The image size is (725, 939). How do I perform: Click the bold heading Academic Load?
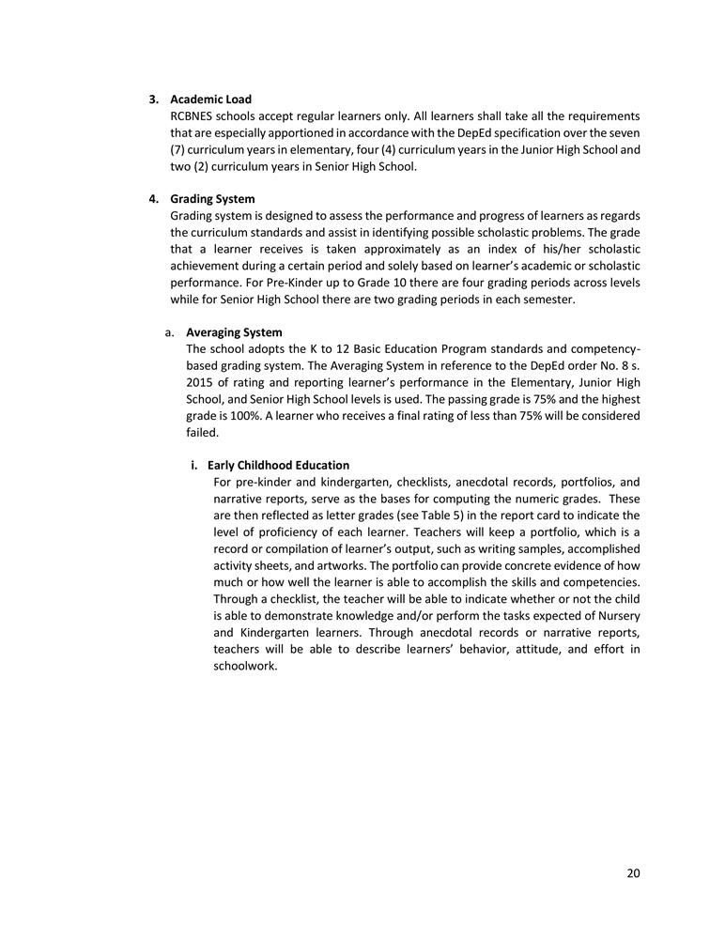pyautogui.click(x=210, y=100)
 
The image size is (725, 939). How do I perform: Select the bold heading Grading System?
pyautogui.click(x=212, y=199)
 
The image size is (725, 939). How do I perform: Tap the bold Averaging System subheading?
pyautogui.click(x=234, y=332)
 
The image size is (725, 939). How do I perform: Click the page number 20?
pyautogui.click(x=633, y=873)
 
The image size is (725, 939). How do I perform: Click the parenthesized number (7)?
pyautogui.click(x=179, y=149)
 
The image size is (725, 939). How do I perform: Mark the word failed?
pyautogui.click(x=202, y=432)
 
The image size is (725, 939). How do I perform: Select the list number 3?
pyautogui.click(x=153, y=100)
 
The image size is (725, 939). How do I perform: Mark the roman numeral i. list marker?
pyautogui.click(x=194, y=465)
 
